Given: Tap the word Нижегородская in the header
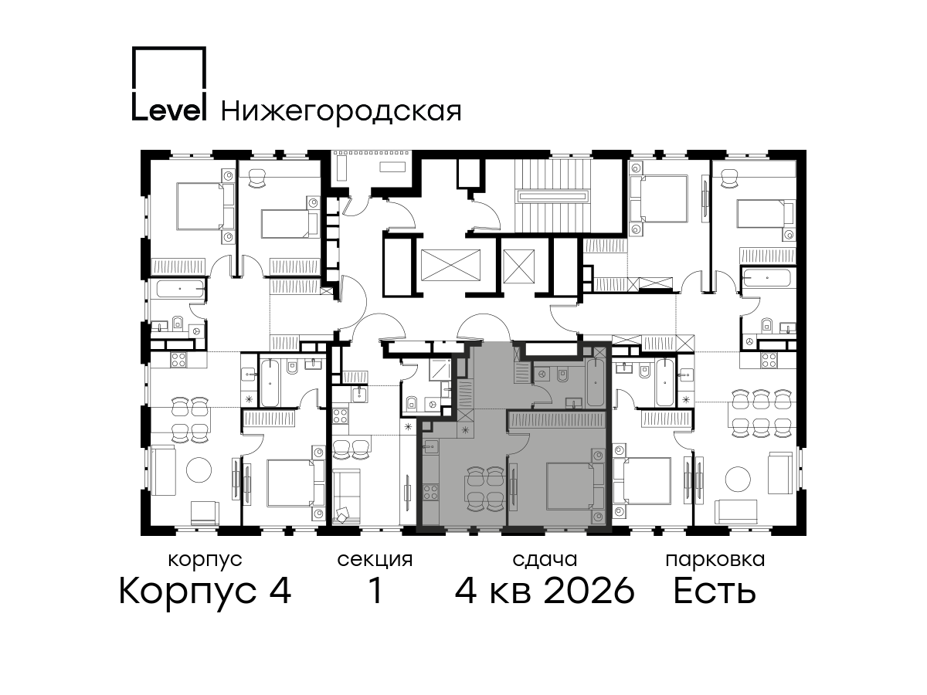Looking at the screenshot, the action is tap(341, 111).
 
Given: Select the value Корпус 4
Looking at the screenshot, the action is tap(205, 592).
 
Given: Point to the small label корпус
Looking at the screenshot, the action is tap(205, 561).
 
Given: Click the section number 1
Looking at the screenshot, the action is tap(375, 591).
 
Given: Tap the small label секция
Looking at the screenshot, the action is tap(375, 561).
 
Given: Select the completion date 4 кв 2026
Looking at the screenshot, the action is tap(545, 591).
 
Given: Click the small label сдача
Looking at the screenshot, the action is tap(545, 560).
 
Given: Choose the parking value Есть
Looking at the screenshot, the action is tap(715, 591).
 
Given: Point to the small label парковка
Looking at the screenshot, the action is tap(715, 561).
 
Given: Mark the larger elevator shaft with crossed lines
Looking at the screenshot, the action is tap(450, 265).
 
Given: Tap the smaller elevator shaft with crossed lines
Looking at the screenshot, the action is tap(518, 266).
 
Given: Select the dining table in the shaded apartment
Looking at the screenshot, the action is tap(484, 489).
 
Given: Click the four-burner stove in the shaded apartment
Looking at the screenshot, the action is tap(430, 493).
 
